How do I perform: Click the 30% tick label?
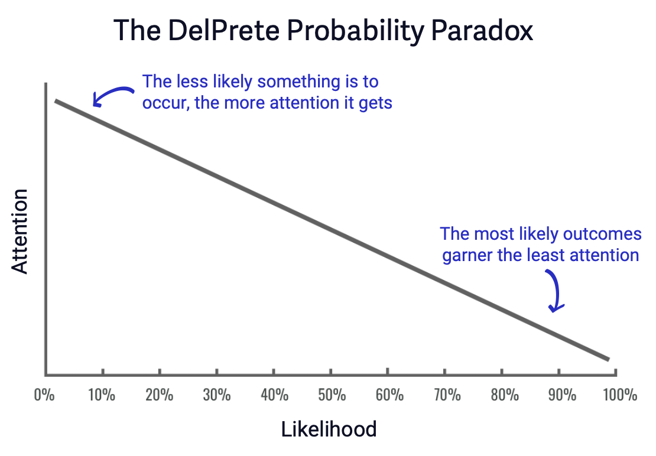tap(216, 394)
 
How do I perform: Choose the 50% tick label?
tap(331, 394)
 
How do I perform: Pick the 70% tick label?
tap(446, 394)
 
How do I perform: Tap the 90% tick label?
tap(560, 394)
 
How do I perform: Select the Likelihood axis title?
tap(329, 429)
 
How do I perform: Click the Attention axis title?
tap(20, 231)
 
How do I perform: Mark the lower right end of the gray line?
tap(607, 359)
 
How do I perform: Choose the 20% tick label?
tap(159, 394)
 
